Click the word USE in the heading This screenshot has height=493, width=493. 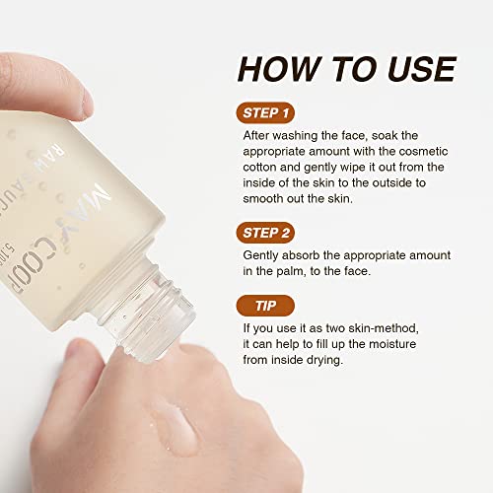pyautogui.click(x=413, y=68)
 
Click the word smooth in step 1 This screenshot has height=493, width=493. pyautogui.click(x=265, y=204)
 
